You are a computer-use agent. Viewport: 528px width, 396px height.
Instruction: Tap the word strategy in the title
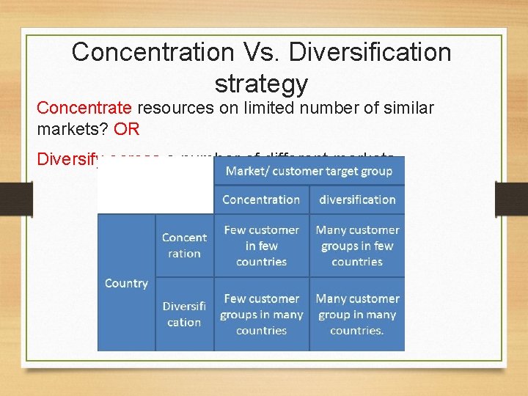pos(261,84)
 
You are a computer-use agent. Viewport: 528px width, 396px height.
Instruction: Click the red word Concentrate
pos(84,109)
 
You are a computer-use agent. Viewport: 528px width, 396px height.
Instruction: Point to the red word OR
pos(126,130)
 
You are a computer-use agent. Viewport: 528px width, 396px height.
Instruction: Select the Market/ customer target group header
pos(309,171)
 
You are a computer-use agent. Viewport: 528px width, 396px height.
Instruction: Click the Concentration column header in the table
pos(261,199)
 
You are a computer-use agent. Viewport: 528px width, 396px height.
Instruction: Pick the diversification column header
pos(357,199)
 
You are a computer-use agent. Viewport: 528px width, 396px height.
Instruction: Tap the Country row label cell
pos(126,283)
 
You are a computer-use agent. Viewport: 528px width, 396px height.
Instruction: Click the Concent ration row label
pos(184,246)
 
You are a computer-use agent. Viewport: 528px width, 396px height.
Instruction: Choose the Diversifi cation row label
pos(184,314)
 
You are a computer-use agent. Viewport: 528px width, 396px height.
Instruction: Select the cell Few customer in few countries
pos(261,246)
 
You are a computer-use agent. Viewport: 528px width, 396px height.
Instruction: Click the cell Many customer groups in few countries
pos(357,246)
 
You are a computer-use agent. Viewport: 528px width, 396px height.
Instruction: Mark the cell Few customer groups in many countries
pos(261,315)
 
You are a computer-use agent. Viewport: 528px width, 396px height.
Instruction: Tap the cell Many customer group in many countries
pos(357,315)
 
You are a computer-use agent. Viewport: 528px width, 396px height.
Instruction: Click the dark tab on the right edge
pos(513,198)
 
